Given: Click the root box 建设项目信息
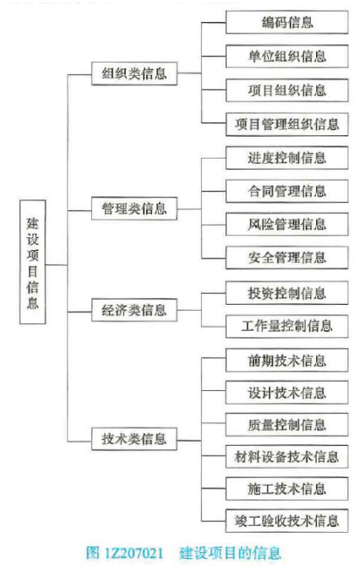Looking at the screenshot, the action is point(33,262).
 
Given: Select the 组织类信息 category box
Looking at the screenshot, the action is point(134,73).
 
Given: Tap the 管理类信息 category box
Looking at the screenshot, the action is point(134,209).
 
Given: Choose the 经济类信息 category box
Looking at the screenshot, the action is point(134,310).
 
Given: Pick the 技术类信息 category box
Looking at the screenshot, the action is point(134,439).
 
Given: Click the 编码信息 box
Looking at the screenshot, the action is point(287,23).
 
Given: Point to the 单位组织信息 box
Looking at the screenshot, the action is point(287,57).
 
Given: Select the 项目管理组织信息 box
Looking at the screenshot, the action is point(287,124).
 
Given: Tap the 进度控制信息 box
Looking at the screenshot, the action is point(287,158).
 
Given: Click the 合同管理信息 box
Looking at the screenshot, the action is point(287,191).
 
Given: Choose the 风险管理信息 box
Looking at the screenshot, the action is point(287,225).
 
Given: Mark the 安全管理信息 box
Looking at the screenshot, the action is point(287,258).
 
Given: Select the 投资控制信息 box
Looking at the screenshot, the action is point(287,293).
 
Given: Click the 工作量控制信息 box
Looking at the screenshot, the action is point(287,326).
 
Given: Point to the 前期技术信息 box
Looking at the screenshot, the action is point(287,361).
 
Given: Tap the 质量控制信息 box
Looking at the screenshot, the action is point(287,425).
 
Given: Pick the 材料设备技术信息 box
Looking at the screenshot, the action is point(287,457).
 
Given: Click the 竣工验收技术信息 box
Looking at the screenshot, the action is point(287,521).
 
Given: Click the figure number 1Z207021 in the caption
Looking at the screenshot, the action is point(134,553).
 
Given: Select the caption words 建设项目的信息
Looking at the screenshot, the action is point(230,553).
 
